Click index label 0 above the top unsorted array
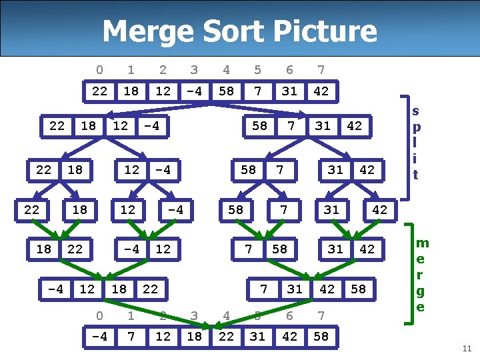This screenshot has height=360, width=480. (99, 69)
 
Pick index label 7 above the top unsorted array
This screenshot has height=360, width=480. (321, 69)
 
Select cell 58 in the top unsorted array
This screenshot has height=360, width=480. (226, 91)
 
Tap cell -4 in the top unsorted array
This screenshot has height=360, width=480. (194, 91)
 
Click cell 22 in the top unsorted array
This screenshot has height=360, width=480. (99, 91)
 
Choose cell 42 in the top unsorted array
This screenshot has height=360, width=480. (321, 91)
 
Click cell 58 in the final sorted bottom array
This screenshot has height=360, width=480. (321, 336)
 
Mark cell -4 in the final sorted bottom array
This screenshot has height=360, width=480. (99, 336)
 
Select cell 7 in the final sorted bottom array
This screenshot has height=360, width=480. (131, 336)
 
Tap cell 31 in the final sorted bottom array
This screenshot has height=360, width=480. (257, 336)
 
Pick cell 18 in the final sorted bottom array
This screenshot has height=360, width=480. (194, 336)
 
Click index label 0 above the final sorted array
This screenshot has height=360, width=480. (99, 315)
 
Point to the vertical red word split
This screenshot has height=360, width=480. (416, 143)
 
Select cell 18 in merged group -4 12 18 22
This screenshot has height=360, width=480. (119, 289)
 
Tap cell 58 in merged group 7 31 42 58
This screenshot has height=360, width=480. (359, 289)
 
